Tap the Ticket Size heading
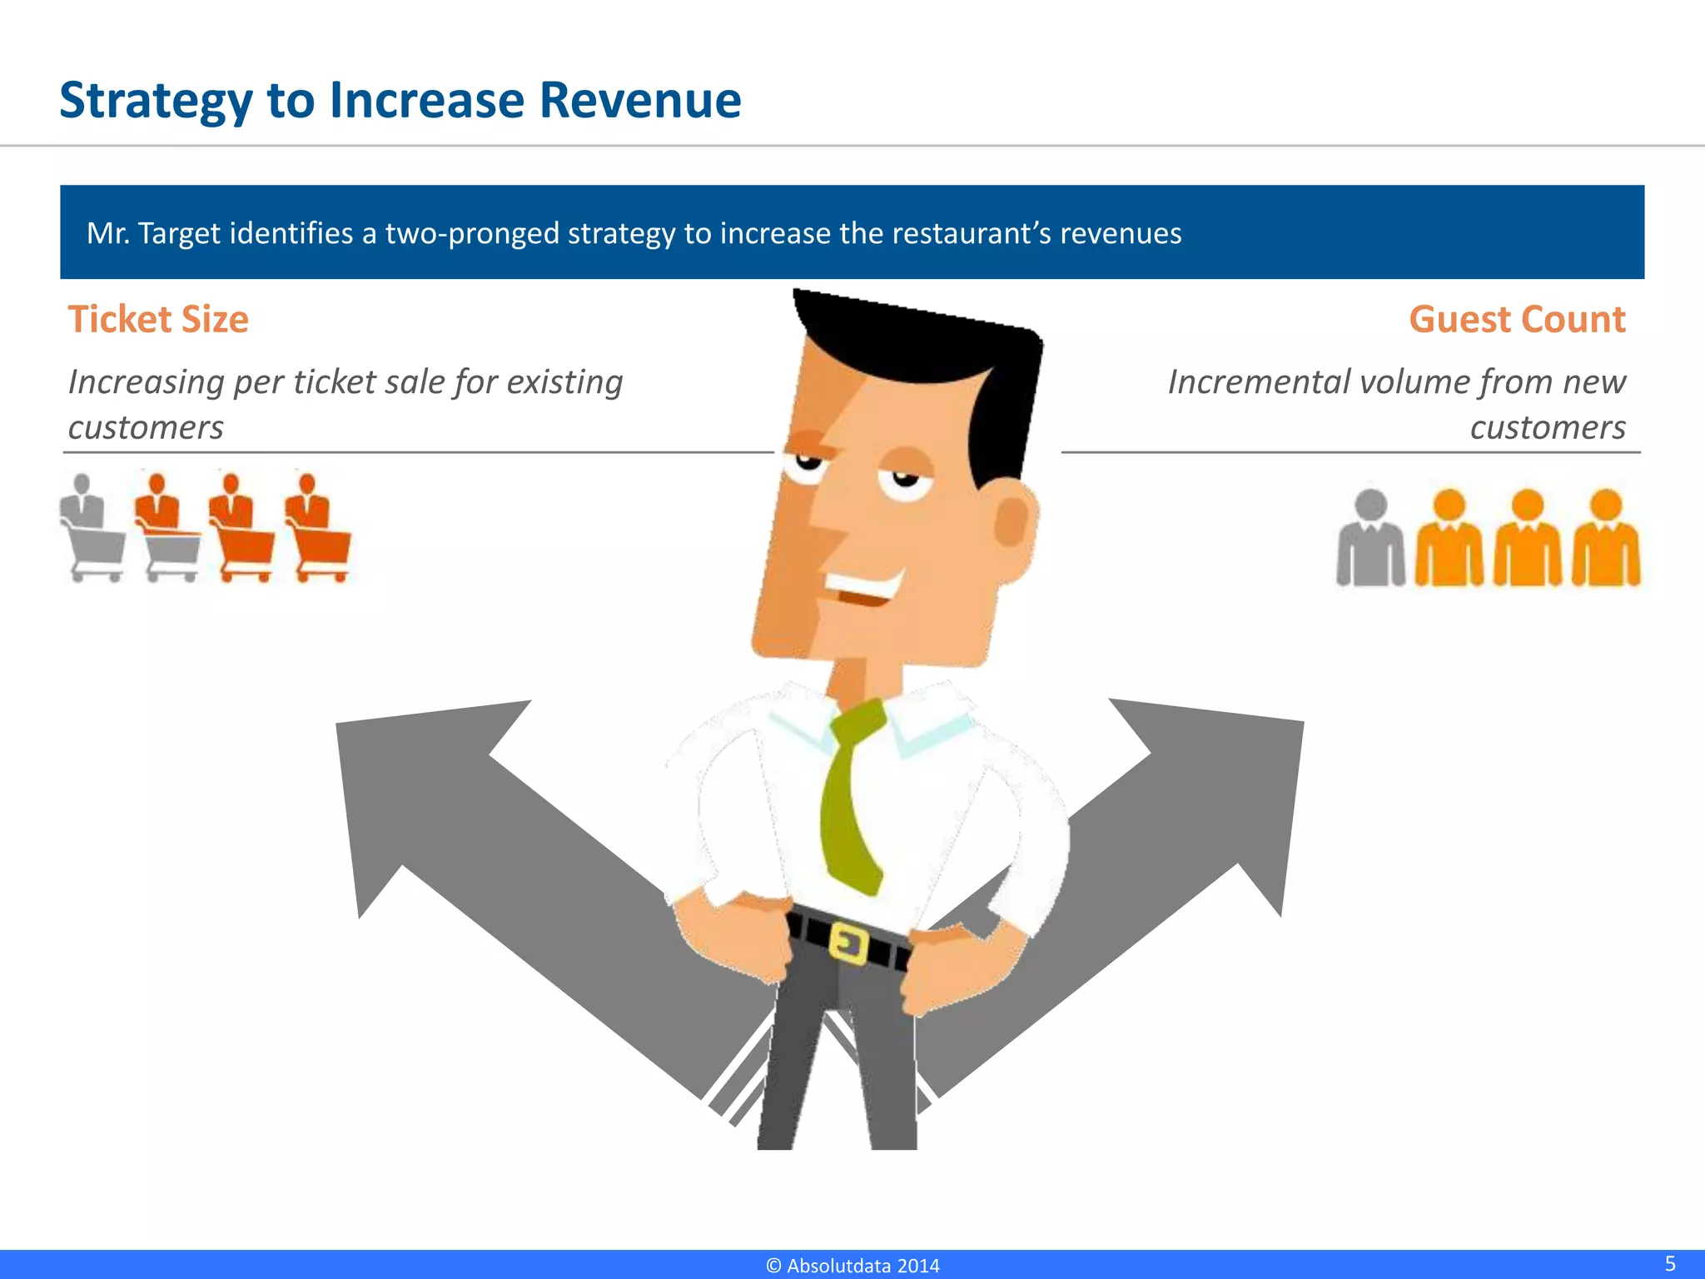tap(158, 320)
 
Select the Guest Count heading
tap(1517, 320)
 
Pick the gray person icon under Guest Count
tap(1370, 540)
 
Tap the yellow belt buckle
tap(849, 944)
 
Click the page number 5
tap(1670, 1263)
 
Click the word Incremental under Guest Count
tap(1258, 382)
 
